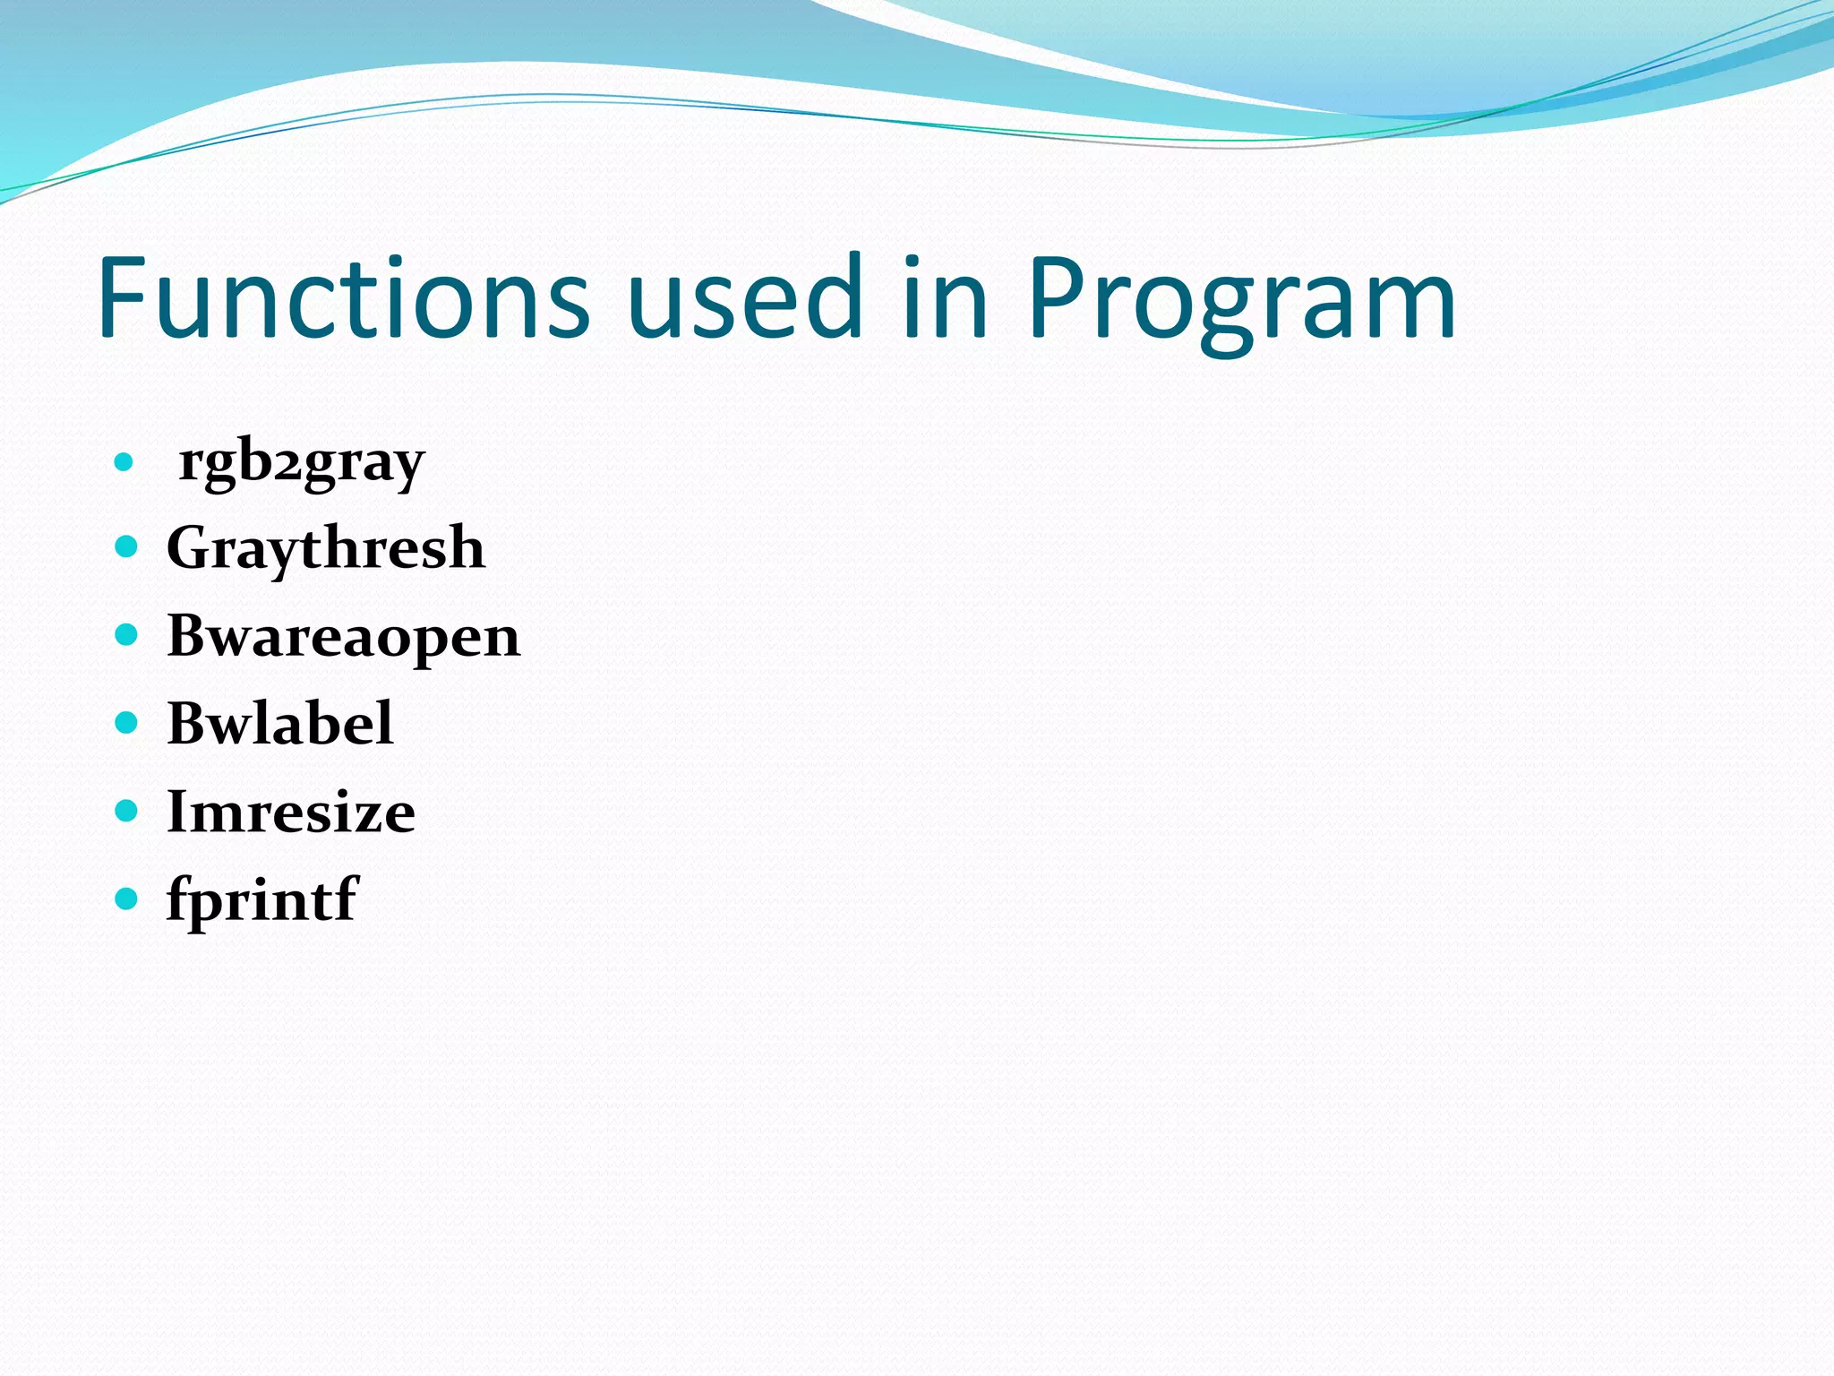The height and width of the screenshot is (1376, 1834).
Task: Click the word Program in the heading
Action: [1241, 305]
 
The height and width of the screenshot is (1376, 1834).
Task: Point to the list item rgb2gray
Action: [301, 464]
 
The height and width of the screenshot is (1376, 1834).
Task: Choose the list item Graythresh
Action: [326, 548]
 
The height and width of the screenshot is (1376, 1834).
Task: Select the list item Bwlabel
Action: [279, 724]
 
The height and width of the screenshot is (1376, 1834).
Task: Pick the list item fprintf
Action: [262, 899]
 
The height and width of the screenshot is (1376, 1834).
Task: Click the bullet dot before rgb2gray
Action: [124, 464]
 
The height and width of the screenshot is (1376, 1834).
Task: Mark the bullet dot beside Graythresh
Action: [126, 546]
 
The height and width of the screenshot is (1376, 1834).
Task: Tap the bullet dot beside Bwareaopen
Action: [126, 635]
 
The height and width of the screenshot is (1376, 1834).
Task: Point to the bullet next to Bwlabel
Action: [126, 722]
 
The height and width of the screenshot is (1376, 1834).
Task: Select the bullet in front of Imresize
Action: [126, 811]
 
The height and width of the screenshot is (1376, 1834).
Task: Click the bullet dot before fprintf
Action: [126, 898]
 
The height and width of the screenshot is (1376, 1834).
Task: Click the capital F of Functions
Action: [125, 297]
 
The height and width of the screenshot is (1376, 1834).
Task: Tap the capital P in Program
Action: [1058, 297]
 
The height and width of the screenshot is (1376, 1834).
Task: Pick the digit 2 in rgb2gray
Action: [288, 468]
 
